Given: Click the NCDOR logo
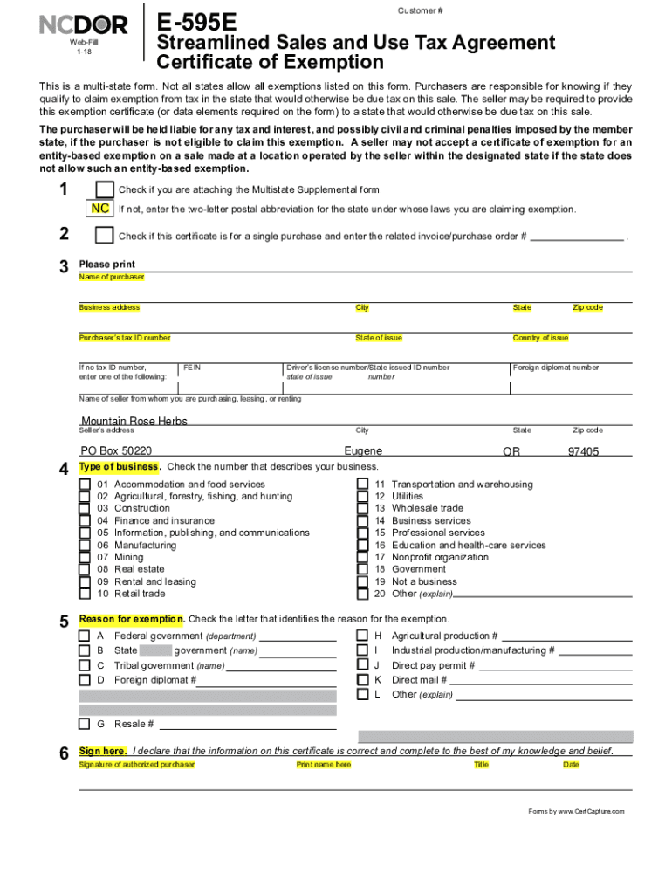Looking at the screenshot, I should pyautogui.click(x=84, y=25).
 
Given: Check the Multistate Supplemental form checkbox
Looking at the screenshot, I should pyautogui.click(x=105, y=189).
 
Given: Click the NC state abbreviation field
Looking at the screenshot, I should pyautogui.click(x=100, y=209).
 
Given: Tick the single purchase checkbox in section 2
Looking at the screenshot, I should pyautogui.click(x=105, y=236).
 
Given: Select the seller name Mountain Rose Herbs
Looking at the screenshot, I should pyautogui.click(x=134, y=421).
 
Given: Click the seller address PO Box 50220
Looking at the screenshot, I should pyautogui.click(x=116, y=450).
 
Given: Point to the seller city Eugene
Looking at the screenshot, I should pyautogui.click(x=363, y=450).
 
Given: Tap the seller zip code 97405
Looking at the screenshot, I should pyautogui.click(x=583, y=451).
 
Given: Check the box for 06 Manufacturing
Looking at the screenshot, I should pyautogui.click(x=85, y=546).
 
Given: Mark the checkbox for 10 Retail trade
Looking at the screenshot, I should pyautogui.click(x=85, y=595).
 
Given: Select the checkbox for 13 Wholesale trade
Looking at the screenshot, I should pyautogui.click(x=362, y=509).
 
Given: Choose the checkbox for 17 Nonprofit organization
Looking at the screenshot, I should pyautogui.click(x=362, y=558).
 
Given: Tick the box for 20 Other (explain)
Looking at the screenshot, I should pyautogui.click(x=362, y=595).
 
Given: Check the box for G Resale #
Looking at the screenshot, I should pyautogui.click(x=85, y=724).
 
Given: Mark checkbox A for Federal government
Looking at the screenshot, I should pyautogui.click(x=85, y=636).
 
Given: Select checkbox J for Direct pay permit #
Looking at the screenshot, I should pyautogui.click(x=362, y=665).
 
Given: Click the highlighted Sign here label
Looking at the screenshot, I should pyautogui.click(x=103, y=751).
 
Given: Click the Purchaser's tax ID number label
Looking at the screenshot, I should pyautogui.click(x=125, y=338).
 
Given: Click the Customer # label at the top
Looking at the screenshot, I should pyautogui.click(x=421, y=10).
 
